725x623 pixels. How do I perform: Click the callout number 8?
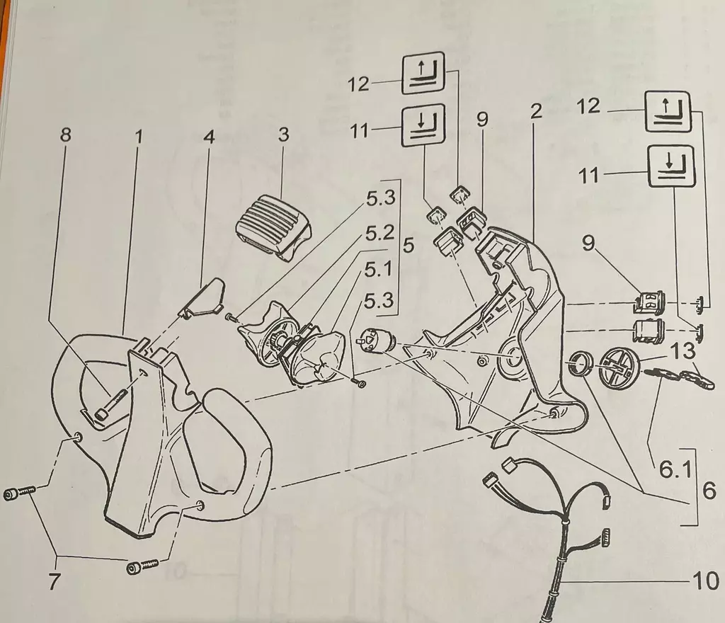[x=66, y=135]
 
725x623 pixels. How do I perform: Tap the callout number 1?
[x=139, y=135]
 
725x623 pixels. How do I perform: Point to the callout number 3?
[x=283, y=134]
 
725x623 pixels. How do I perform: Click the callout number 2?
[x=536, y=111]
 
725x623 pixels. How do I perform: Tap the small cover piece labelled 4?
[x=202, y=297]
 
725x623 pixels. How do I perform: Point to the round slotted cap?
[x=620, y=365]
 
